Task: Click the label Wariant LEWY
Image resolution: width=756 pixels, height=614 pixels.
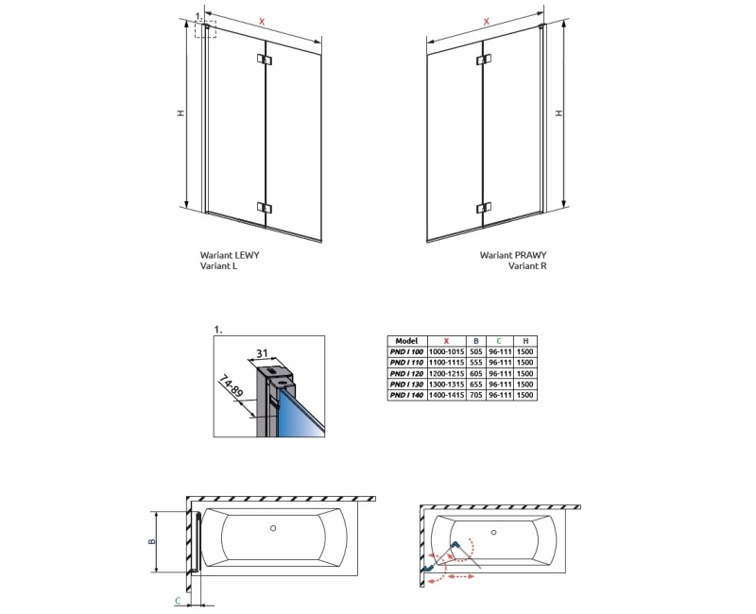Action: coord(230,256)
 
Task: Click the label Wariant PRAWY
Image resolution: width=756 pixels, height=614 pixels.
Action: coord(513,255)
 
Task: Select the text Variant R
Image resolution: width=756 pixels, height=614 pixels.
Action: coord(527,266)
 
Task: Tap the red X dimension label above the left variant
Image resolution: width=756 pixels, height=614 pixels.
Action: coord(262,21)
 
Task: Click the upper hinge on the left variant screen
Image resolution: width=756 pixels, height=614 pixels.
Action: coord(264,61)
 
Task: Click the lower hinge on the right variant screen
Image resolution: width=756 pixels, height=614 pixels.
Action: coord(484,207)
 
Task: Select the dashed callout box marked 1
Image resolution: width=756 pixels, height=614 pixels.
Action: coord(205,29)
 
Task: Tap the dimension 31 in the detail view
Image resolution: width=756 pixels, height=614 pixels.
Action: coord(264,353)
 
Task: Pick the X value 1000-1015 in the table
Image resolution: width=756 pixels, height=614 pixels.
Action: coord(446,351)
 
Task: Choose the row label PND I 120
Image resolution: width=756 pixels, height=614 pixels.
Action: coord(407,373)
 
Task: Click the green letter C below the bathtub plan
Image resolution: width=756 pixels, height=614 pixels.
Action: coord(177,600)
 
